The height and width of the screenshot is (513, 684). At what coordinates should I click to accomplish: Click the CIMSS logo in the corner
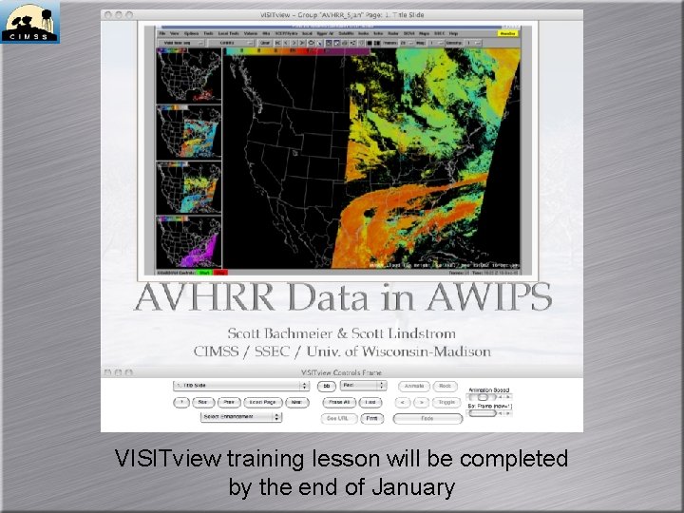click(30, 22)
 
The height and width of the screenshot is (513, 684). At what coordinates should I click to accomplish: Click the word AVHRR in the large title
click(196, 298)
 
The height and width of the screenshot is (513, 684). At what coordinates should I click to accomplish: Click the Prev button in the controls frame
click(229, 402)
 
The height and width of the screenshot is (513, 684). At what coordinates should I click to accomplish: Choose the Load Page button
click(262, 402)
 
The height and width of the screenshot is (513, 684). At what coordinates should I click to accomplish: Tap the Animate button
click(413, 387)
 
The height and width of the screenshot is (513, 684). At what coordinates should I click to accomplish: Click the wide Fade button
click(427, 418)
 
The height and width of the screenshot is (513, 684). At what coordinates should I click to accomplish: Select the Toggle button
click(446, 402)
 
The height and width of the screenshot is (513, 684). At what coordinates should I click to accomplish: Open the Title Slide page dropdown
click(241, 387)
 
